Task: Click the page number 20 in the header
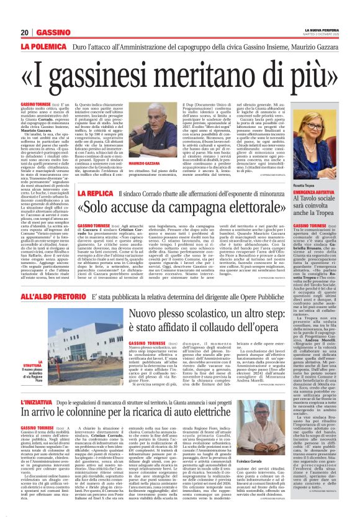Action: (x=25, y=32)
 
